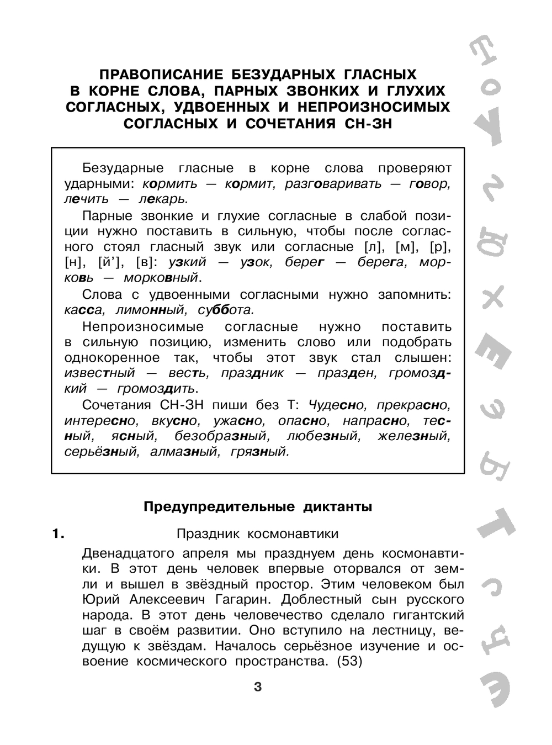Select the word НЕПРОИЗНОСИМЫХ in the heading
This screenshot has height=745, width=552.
379,107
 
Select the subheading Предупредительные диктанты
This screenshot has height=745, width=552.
258,506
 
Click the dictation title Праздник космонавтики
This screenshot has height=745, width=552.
257,533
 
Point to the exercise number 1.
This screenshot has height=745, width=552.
57,533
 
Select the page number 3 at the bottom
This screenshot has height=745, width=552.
257,687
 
